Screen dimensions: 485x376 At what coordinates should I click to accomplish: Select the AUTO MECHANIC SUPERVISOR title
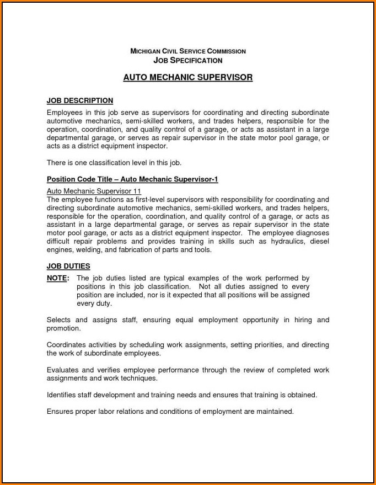187,78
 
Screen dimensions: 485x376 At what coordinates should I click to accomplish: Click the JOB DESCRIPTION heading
80,100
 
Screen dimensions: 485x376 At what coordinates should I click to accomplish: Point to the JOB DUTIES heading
68,266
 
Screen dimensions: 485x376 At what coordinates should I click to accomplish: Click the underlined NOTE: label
58,278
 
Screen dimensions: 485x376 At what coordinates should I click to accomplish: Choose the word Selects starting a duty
59,319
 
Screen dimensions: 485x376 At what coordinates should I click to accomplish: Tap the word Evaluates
63,370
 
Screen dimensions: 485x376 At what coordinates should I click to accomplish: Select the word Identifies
63,395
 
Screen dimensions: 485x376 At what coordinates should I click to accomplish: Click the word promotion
63,328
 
